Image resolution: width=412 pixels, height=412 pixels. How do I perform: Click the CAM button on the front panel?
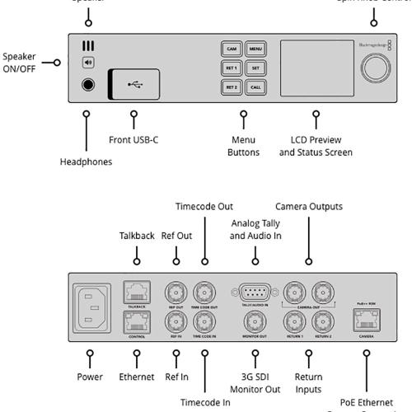point(232,49)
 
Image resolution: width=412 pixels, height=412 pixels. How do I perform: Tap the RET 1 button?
point(232,68)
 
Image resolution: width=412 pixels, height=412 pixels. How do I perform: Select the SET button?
point(255,68)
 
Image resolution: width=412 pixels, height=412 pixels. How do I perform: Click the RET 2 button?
point(232,87)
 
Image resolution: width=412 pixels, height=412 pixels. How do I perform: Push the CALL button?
point(255,87)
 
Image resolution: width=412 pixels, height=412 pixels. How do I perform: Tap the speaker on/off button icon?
point(87,62)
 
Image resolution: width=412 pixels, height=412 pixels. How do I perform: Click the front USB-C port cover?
point(134,83)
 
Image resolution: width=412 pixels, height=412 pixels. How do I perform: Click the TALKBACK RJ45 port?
point(134,290)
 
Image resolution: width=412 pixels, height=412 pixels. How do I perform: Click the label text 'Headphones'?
point(86,162)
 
